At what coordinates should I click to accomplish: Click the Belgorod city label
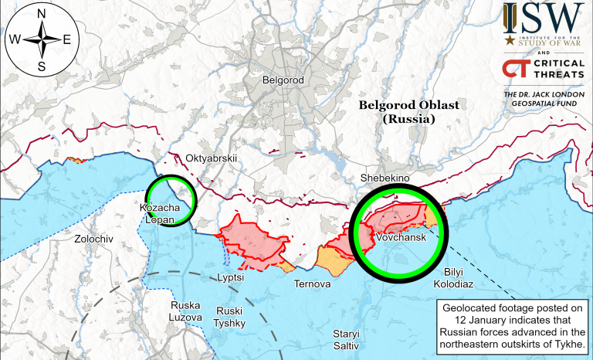coord(284,80)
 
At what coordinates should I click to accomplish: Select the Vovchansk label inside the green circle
coord(398,239)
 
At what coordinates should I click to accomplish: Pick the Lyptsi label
coord(231,276)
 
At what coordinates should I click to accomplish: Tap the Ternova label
coord(312,284)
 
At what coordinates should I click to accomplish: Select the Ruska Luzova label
coord(185,311)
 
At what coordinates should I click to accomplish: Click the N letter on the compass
coord(41,14)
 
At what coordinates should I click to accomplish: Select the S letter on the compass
coord(41,66)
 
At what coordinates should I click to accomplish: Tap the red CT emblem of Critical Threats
coord(513,68)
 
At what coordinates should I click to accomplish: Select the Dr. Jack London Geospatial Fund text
coord(541,100)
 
